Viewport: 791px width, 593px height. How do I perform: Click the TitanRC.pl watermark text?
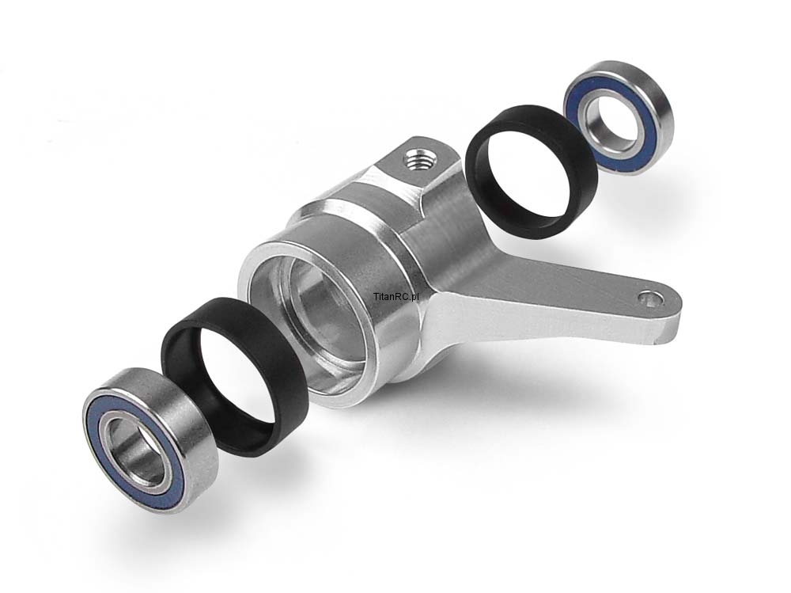click(397, 297)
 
